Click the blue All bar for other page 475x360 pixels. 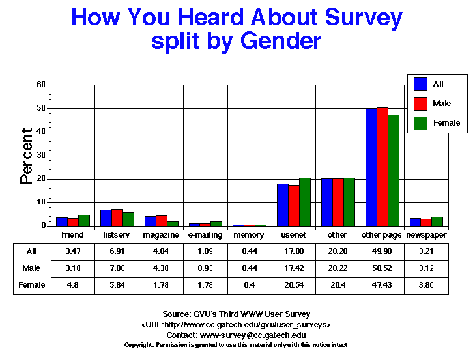[371, 167]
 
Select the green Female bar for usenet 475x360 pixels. [305, 202]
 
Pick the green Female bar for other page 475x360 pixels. [394, 171]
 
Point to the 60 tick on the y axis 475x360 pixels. [41, 85]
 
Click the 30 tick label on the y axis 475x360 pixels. [41, 156]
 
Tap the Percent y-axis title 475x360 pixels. [27, 156]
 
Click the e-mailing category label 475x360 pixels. [205, 234]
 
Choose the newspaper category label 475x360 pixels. [426, 234]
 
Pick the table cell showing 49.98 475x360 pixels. [382, 251]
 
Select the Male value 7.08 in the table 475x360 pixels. [117, 268]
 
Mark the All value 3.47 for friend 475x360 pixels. [73, 251]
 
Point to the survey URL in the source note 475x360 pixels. [237, 324]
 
